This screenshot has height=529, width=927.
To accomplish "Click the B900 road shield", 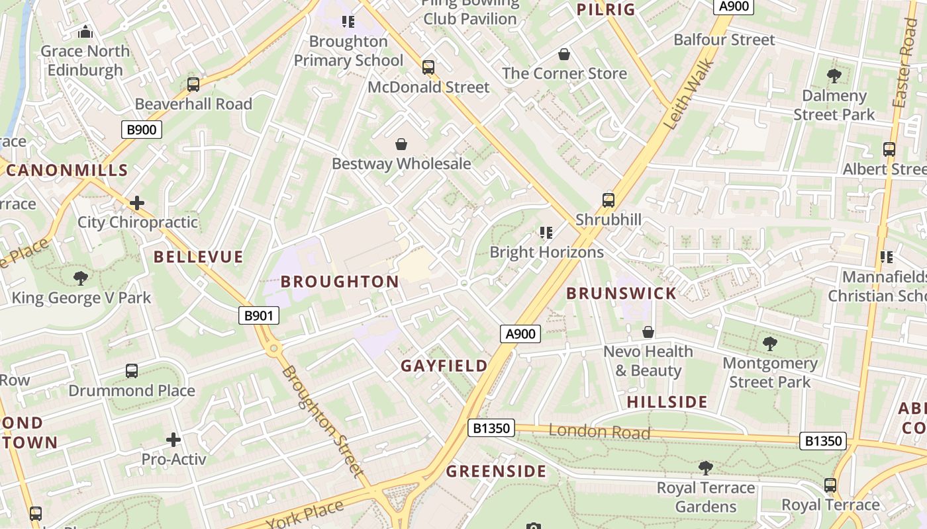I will (x=141, y=130).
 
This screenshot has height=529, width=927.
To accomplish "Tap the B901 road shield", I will (x=258, y=316).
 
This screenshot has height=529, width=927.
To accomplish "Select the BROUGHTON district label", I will (x=340, y=282).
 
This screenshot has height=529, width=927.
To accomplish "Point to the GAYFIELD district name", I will (x=444, y=366).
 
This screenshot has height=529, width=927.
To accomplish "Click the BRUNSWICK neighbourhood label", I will (x=621, y=294).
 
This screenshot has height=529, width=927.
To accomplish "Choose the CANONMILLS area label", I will (x=67, y=170).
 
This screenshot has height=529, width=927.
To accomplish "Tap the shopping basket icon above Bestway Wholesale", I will (x=401, y=144).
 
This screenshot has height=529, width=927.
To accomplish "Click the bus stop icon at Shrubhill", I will (x=608, y=200).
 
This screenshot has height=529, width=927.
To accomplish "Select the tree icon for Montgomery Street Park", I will (x=769, y=343).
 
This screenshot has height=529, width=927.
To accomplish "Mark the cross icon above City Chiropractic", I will (x=137, y=202).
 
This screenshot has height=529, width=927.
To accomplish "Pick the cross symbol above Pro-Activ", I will (x=173, y=439).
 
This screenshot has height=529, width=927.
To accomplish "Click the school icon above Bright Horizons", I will (x=546, y=233).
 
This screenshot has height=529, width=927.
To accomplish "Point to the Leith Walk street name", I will (x=689, y=94).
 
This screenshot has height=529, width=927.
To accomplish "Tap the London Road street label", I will (x=599, y=432).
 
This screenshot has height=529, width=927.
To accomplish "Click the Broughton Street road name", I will (x=322, y=421).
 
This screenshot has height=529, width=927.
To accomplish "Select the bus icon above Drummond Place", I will (x=132, y=371).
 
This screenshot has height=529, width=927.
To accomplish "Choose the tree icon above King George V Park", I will (x=81, y=278).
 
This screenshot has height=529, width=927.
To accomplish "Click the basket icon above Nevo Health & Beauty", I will (x=648, y=332).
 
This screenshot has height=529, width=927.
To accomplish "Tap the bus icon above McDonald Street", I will (x=428, y=67).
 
